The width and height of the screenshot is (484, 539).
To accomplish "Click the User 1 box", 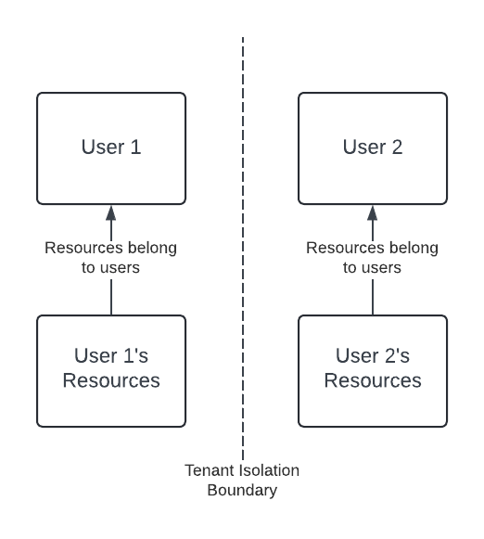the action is [x=111, y=148].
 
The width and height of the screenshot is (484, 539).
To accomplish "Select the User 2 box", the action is [x=373, y=148].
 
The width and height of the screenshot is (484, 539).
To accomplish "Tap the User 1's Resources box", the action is [x=111, y=371].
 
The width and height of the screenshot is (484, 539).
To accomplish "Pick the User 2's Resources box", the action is [x=373, y=371].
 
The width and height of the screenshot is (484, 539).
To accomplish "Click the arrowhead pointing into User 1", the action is [x=111, y=213].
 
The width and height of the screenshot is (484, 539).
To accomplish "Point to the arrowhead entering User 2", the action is [x=373, y=213].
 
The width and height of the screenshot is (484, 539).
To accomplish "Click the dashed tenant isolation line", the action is [x=243, y=249].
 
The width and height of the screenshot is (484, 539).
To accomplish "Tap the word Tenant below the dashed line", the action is [x=203, y=470].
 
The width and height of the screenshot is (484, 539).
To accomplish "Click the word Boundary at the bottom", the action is [x=242, y=490].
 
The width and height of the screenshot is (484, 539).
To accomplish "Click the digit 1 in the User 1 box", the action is [x=135, y=147].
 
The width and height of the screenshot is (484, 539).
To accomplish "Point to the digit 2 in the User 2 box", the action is [x=397, y=147].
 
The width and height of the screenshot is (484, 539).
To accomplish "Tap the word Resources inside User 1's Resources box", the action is [x=111, y=380].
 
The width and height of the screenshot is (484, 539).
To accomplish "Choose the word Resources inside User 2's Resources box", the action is [x=373, y=380].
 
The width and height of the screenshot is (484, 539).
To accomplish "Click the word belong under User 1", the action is [x=152, y=249].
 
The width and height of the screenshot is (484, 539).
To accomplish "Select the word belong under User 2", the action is [x=414, y=249].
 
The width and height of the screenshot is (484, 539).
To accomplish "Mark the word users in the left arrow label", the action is [x=120, y=268].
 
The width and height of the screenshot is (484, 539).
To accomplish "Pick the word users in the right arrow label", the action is [x=381, y=268].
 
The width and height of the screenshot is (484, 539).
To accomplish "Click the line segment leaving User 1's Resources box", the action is [x=111, y=298].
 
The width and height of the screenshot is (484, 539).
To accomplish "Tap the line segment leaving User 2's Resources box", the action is [x=373, y=298].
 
